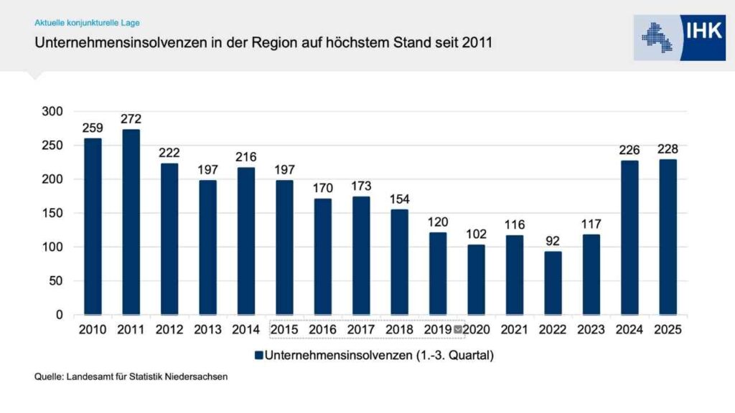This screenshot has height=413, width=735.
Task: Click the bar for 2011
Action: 131,222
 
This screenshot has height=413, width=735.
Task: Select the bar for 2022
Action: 553,283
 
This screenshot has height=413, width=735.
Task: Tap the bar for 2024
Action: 629,237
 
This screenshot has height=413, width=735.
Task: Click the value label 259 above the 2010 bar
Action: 93,128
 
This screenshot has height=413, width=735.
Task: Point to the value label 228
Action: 668,149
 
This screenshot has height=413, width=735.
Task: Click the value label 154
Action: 399,199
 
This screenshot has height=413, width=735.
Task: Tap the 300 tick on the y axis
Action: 52,111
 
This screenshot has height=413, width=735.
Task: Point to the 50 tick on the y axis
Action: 56,281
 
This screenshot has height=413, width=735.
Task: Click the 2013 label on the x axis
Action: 207,330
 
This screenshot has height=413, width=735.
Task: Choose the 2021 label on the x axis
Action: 514,330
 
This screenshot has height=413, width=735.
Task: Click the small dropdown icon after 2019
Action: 458,330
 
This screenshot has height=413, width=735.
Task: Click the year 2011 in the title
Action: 478,43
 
